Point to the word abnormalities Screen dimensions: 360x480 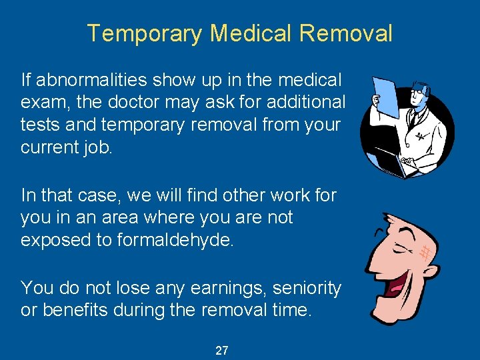[x=94, y=81]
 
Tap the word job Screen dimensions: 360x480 [x=99, y=147]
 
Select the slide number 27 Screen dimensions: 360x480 [x=222, y=350]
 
